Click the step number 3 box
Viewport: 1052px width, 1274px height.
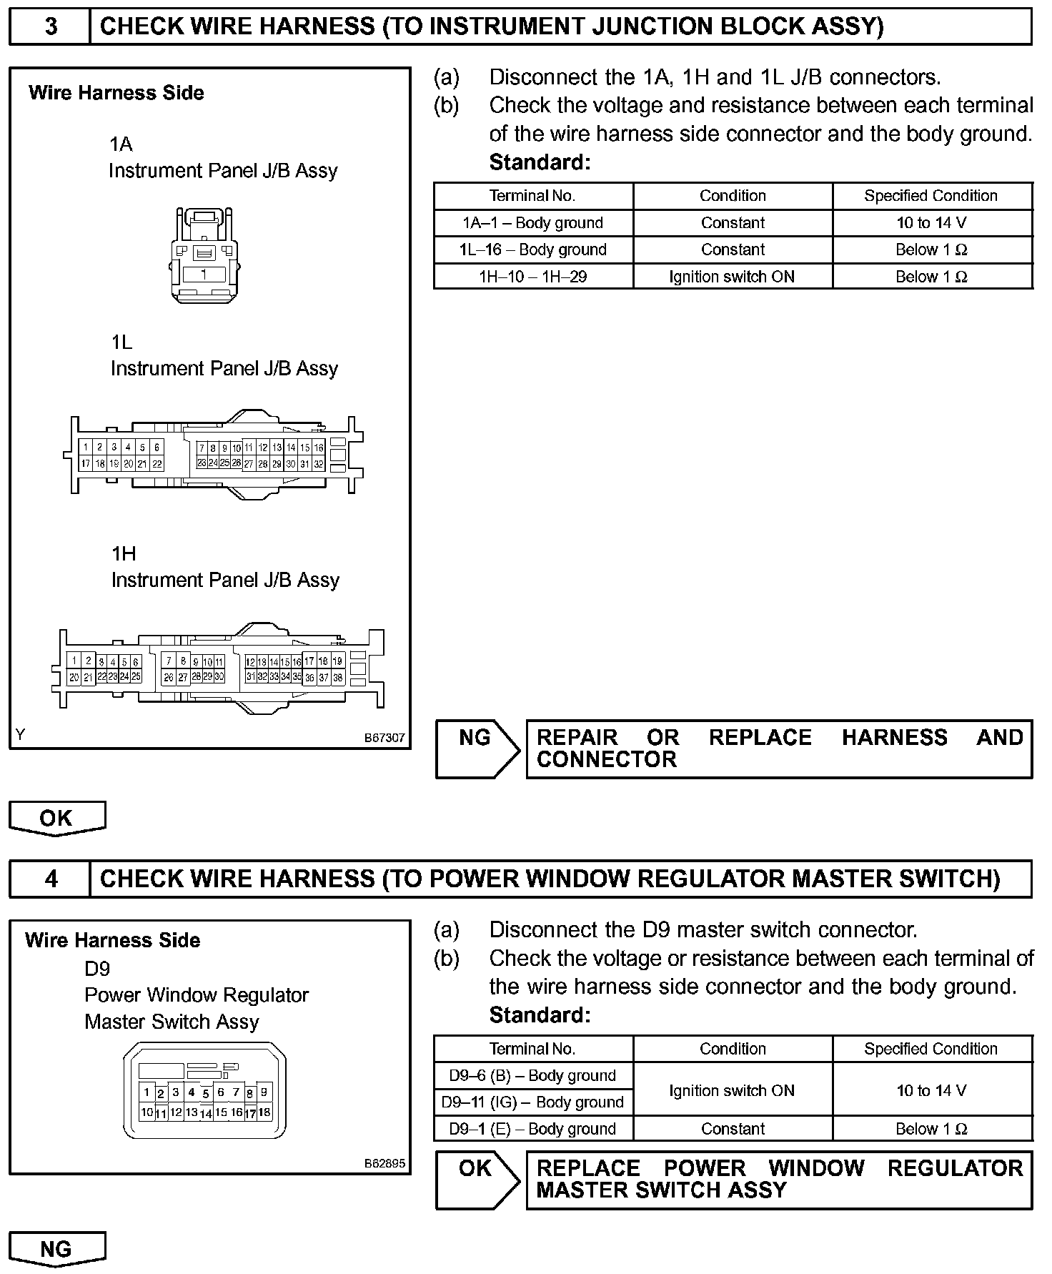50,27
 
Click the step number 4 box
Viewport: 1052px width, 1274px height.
50,879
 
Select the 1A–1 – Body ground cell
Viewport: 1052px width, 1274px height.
533,223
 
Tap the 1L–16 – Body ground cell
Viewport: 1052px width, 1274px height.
533,250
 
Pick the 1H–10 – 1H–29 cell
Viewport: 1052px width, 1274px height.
533,277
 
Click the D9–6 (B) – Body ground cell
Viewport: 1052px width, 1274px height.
533,1075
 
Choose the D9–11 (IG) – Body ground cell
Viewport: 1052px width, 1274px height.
533,1102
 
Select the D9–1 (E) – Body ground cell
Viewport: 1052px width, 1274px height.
533,1129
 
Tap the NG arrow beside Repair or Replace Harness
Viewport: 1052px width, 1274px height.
477,749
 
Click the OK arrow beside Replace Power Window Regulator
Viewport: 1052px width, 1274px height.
477,1180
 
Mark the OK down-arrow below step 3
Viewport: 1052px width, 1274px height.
57,818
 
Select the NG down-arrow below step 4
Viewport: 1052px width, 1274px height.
57,1248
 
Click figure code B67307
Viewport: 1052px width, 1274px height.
384,738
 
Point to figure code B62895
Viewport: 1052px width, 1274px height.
384,1163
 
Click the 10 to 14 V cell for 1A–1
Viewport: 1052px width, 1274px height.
932,223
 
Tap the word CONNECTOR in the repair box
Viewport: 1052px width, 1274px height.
606,759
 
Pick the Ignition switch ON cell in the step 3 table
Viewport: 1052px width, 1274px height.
733,277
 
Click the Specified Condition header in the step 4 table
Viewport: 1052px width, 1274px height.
932,1049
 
